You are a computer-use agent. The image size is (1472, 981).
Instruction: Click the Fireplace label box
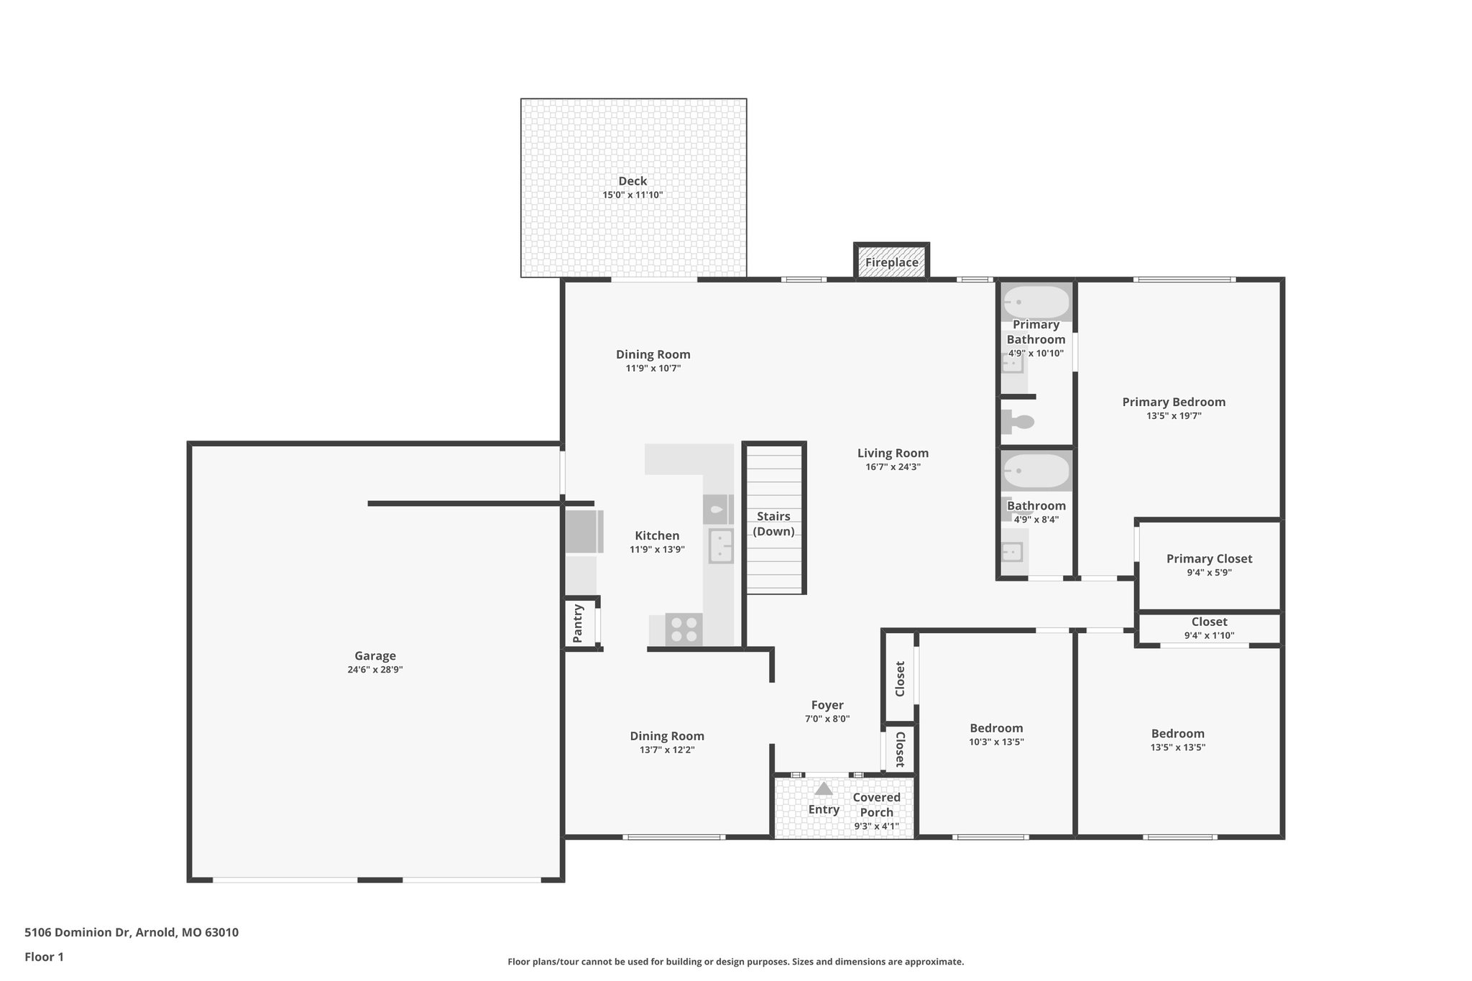[891, 262]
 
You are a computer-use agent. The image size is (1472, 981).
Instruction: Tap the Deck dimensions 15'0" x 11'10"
[632, 195]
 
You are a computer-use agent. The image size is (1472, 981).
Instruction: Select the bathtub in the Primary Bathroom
[1036, 303]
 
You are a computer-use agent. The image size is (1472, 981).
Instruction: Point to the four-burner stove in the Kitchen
[684, 630]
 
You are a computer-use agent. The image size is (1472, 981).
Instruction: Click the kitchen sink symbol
[721, 546]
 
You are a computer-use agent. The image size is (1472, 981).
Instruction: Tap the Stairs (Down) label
[773, 524]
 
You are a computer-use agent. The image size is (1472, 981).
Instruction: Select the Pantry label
[578, 623]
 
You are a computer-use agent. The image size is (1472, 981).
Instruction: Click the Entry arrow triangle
[824, 788]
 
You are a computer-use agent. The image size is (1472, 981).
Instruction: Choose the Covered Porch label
[876, 805]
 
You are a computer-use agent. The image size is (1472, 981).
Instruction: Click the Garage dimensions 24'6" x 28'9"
[375, 669]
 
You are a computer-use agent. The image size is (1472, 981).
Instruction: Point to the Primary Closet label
[1209, 558]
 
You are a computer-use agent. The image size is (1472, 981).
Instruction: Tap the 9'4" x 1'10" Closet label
[1209, 628]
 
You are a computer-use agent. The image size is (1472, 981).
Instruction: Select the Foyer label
[827, 705]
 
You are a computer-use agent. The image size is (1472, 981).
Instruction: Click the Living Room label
[893, 453]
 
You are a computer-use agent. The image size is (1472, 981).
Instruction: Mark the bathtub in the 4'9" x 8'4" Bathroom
[1036, 471]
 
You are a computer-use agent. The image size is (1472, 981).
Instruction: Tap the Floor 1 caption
[45, 957]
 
